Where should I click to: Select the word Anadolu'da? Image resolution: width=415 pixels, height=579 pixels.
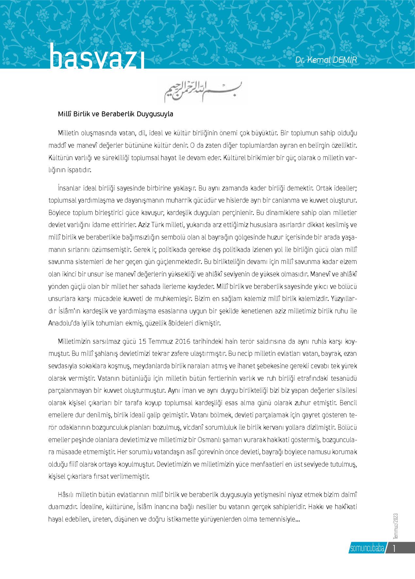62,323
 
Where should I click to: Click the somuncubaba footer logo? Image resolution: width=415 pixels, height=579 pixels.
367,548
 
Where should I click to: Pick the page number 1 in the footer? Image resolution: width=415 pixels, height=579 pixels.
394,548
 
